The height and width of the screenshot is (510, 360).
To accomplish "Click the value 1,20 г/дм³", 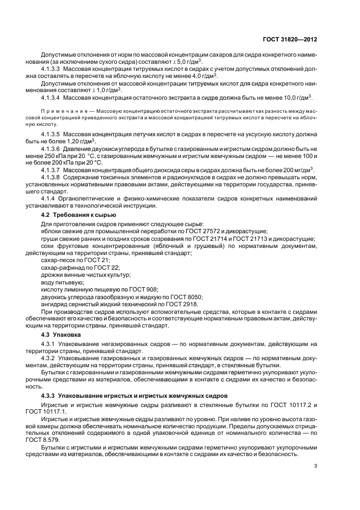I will click(x=77, y=140).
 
